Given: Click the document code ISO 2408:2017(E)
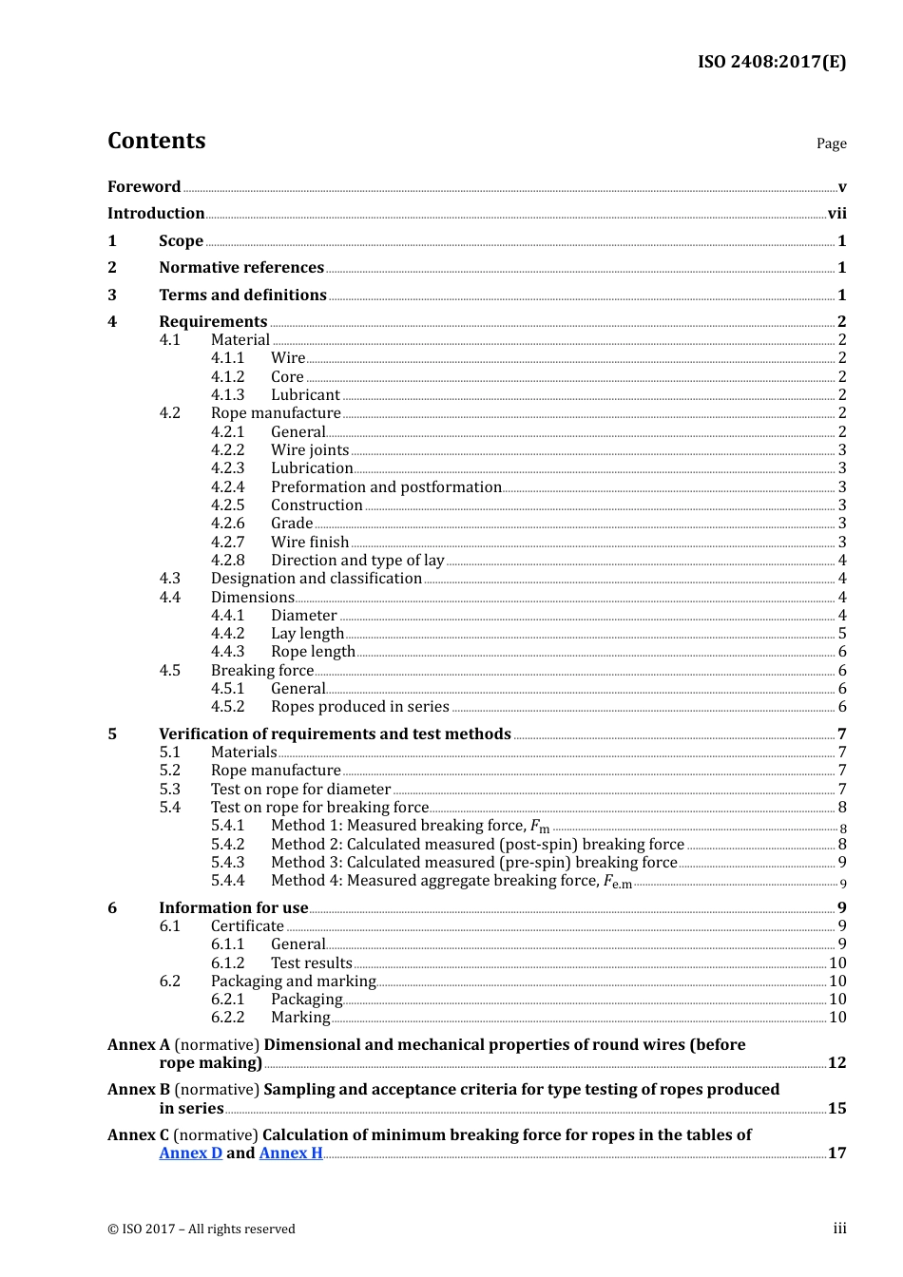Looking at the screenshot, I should click(771, 62).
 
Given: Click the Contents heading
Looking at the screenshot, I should click(156, 141).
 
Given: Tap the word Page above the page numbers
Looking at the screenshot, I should click(831, 143).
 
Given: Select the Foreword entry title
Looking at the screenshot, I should click(144, 187).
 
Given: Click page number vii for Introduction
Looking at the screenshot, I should click(836, 214).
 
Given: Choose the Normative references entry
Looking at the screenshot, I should click(241, 268).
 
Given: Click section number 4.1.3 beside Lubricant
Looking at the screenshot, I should click(227, 395).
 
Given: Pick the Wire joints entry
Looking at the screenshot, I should click(310, 450).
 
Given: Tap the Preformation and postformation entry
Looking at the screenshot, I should click(386, 487).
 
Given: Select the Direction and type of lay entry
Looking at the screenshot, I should click(357, 561).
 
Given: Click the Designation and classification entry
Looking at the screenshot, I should click(317, 579).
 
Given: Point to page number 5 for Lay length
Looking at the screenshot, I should click(842, 634).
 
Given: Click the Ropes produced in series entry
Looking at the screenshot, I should click(360, 707).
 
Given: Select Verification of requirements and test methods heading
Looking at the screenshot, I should click(335, 734).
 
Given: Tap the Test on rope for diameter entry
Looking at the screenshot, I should click(300, 790).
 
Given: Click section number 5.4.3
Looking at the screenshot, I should click(227, 863).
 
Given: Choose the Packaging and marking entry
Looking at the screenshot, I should click(294, 982).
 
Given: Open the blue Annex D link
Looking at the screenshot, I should click(190, 1153).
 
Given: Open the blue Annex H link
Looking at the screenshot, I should click(291, 1153).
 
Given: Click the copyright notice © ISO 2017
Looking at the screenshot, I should click(202, 1229).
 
